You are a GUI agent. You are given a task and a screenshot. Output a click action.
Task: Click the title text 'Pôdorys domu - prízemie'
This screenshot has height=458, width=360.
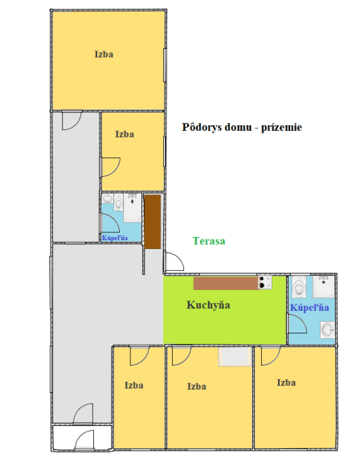coord(242,127)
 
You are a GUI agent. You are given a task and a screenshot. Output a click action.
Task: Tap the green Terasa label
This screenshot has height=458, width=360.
coord(209,241)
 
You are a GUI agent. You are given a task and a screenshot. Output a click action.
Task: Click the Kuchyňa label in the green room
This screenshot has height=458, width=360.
coord(209,305)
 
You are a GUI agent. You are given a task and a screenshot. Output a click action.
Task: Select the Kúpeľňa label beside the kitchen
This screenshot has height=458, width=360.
coord(309,308)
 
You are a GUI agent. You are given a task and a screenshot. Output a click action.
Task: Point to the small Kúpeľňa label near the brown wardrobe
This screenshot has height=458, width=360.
coord(113,238)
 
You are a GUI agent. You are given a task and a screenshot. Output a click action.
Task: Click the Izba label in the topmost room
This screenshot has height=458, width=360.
coord(104,55)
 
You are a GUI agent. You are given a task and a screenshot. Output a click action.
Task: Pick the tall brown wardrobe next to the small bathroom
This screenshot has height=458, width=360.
coord(151,222)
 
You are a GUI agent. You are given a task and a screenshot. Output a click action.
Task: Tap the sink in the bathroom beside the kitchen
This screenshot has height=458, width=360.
coord(327,328)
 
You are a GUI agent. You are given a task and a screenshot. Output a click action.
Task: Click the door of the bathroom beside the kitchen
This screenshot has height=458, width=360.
coord(296,321)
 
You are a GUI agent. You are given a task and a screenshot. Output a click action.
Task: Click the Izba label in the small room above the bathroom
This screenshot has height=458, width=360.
coord(124,135)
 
